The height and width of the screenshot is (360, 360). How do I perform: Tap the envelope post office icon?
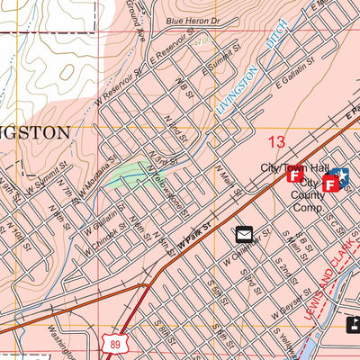244,235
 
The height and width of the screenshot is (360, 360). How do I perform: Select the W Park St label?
193,238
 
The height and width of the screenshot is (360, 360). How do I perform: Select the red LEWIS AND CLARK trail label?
324,287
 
